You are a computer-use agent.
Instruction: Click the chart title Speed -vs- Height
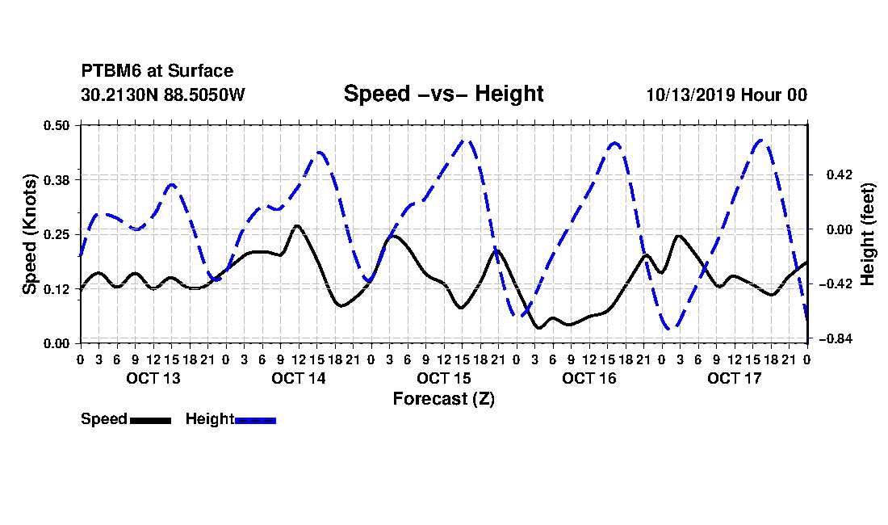pos(443,94)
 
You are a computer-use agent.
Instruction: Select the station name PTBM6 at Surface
pos(157,71)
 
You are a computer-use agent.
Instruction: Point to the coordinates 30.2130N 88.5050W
pos(163,94)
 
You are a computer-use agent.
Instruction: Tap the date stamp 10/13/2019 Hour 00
pos(727,94)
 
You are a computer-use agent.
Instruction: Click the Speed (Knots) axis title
pos(29,234)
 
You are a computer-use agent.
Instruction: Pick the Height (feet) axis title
pos(867,234)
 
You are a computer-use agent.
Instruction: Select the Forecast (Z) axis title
pos(444,399)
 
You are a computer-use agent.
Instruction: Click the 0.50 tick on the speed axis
pos(56,125)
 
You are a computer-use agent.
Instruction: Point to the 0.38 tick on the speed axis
pos(56,180)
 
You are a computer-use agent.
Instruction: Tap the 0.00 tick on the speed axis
pos(56,344)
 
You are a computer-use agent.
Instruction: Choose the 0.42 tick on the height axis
pos(839,174)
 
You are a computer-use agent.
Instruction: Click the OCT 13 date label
pos(153,378)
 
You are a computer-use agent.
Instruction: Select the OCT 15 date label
pos(444,378)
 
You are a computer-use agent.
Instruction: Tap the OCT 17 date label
pos(735,378)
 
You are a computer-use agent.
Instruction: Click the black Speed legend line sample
pos(151,420)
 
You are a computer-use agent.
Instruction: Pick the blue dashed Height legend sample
pos(255,420)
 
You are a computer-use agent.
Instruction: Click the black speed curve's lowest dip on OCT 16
pos(538,327)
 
